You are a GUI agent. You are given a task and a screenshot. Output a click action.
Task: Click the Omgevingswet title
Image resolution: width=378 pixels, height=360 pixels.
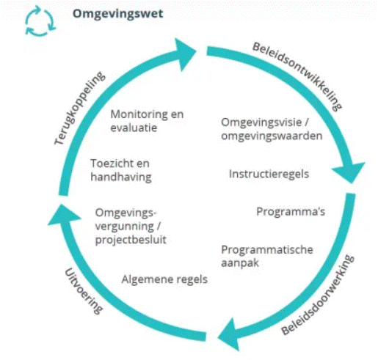pyautogui.click(x=117, y=14)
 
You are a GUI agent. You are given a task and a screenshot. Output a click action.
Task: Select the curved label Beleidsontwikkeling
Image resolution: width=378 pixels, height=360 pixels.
pyautogui.click(x=297, y=76)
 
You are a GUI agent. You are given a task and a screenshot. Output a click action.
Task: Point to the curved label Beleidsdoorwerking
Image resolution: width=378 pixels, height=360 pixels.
pyautogui.click(x=318, y=295)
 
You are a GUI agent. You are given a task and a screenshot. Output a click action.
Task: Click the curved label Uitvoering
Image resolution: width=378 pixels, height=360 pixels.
pyautogui.click(x=84, y=291)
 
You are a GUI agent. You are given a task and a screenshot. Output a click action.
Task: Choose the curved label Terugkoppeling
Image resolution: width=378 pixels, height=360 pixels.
pyautogui.click(x=80, y=108)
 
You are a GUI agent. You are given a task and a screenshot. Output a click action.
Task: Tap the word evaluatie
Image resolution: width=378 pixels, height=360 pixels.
pyautogui.click(x=134, y=128)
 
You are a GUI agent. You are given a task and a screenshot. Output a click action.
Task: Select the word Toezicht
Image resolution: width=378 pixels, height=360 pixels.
pyautogui.click(x=111, y=164)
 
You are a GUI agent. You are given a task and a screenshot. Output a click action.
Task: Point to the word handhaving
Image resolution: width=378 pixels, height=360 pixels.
pyautogui.click(x=121, y=177)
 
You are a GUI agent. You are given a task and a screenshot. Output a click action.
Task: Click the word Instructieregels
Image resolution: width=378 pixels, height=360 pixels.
pyautogui.click(x=269, y=175)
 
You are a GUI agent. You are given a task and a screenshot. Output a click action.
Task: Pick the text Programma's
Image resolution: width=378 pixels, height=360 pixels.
pyautogui.click(x=291, y=212)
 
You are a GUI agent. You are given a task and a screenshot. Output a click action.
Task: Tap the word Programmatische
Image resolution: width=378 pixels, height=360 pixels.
pyautogui.click(x=267, y=250)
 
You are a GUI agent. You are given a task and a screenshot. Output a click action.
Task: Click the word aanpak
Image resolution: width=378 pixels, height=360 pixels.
pyautogui.click(x=240, y=263)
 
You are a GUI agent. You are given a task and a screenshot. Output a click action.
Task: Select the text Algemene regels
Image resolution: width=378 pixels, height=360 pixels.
pyautogui.click(x=164, y=279)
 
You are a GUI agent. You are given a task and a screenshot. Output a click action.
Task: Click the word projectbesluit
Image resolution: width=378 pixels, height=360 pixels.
pyautogui.click(x=131, y=240)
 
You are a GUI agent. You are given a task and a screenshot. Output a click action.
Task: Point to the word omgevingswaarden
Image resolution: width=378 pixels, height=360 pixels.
pyautogui.click(x=272, y=136)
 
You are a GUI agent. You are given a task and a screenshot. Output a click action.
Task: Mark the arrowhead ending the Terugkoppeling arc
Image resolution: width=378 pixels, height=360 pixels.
pyautogui.click(x=185, y=54)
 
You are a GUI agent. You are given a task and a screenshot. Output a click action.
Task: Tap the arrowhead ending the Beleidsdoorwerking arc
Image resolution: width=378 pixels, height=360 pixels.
pyautogui.click(x=229, y=334)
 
